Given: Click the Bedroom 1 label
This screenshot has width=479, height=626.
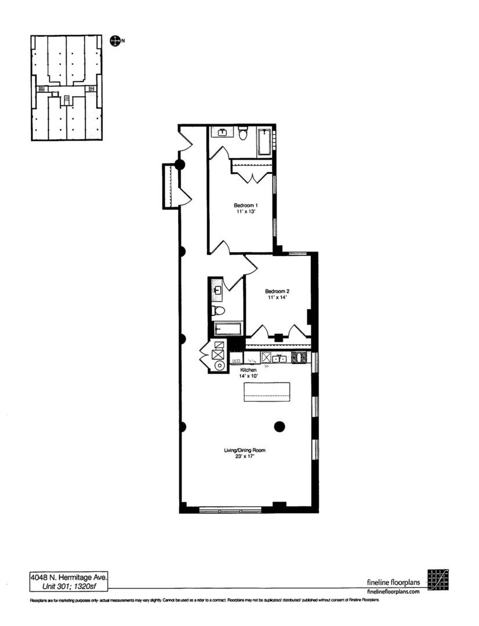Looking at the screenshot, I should tap(245, 205).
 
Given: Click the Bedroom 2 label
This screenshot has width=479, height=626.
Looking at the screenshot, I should tap(277, 291).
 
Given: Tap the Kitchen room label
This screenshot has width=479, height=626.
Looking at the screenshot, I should tap(248, 369).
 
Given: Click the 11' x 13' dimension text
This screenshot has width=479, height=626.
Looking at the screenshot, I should tap(245, 212).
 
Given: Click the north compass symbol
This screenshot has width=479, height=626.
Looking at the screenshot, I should tap(115, 41).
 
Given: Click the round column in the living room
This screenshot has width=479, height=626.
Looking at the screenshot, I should tap(280, 427).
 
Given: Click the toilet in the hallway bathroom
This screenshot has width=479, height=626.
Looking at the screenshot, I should tap(219, 311).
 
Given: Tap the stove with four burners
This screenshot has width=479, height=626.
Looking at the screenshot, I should tap(300, 358).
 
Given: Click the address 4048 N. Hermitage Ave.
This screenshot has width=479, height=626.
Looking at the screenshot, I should tap(68, 577).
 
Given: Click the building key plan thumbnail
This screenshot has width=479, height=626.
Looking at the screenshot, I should tap(67, 88).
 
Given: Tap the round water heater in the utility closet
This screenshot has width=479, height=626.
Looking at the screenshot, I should tap(219, 366).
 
